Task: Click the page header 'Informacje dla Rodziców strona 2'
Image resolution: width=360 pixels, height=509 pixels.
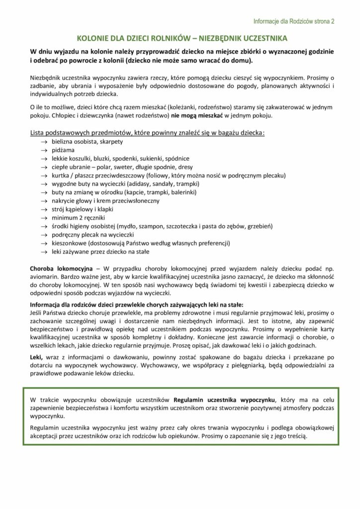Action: (x=293, y=21)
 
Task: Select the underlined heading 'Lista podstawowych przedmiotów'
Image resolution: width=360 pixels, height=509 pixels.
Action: (x=147, y=133)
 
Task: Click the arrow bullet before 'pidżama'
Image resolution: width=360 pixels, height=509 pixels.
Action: (x=43, y=150)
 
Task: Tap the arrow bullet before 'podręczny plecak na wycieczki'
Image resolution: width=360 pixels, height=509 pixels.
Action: (x=43, y=235)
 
